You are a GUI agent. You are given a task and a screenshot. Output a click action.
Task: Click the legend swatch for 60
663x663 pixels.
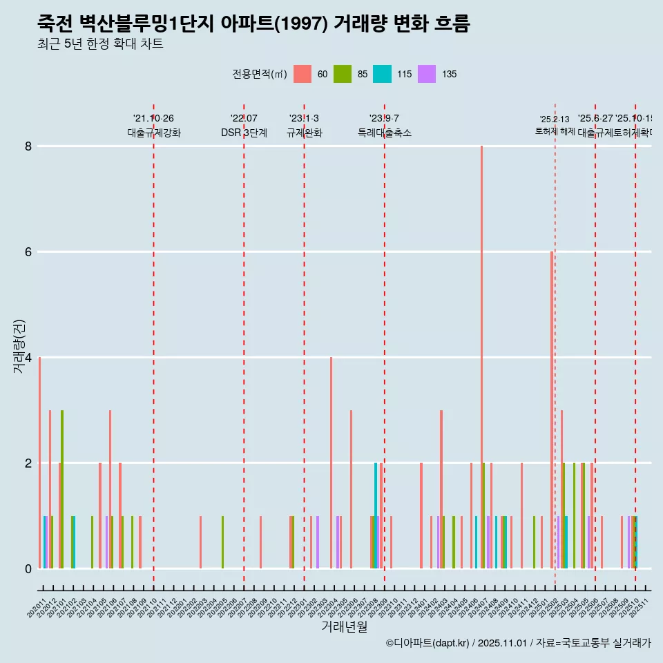[x=302, y=74]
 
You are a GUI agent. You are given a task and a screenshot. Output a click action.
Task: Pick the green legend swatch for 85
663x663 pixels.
[x=342, y=74]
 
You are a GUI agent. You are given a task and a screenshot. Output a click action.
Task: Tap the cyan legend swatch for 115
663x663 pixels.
[x=382, y=74]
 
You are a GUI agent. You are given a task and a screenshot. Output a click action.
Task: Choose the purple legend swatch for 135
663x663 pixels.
[x=427, y=74]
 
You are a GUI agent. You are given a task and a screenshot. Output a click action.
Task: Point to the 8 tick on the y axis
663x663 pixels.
[x=28, y=146]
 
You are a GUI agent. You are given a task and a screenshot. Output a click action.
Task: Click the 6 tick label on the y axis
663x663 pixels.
[x=28, y=252]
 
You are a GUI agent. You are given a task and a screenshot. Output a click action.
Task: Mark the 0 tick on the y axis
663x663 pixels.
[x=28, y=568]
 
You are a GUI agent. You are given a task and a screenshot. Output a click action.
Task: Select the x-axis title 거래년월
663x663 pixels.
[x=344, y=626]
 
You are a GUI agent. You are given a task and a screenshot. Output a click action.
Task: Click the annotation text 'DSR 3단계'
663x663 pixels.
[x=244, y=133]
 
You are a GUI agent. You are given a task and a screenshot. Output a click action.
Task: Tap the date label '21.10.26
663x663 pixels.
[x=153, y=119]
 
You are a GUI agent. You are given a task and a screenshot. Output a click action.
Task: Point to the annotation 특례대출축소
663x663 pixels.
[x=384, y=133]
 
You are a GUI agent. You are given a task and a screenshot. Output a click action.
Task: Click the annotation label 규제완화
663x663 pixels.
[x=304, y=133]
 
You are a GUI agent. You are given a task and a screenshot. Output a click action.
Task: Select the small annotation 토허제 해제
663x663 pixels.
[x=555, y=131]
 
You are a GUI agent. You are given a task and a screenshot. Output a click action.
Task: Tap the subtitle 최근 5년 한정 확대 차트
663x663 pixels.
[x=100, y=44]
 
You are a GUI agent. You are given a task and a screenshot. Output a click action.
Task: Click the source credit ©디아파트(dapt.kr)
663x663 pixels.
[x=427, y=643]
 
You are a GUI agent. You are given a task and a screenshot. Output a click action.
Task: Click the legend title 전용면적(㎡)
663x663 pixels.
[x=259, y=74]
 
